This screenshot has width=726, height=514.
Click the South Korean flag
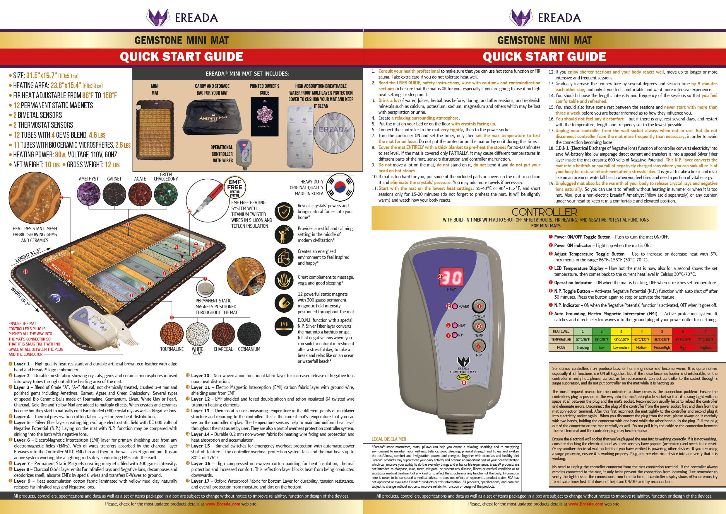pos(340,187)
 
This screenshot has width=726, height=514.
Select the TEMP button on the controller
pos(479,326)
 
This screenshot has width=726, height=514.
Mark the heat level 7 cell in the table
pos(705,331)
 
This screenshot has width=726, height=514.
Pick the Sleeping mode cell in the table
pos(583,348)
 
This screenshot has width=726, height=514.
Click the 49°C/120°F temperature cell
pos(642,340)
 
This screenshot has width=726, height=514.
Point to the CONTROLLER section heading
pos(544,212)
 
